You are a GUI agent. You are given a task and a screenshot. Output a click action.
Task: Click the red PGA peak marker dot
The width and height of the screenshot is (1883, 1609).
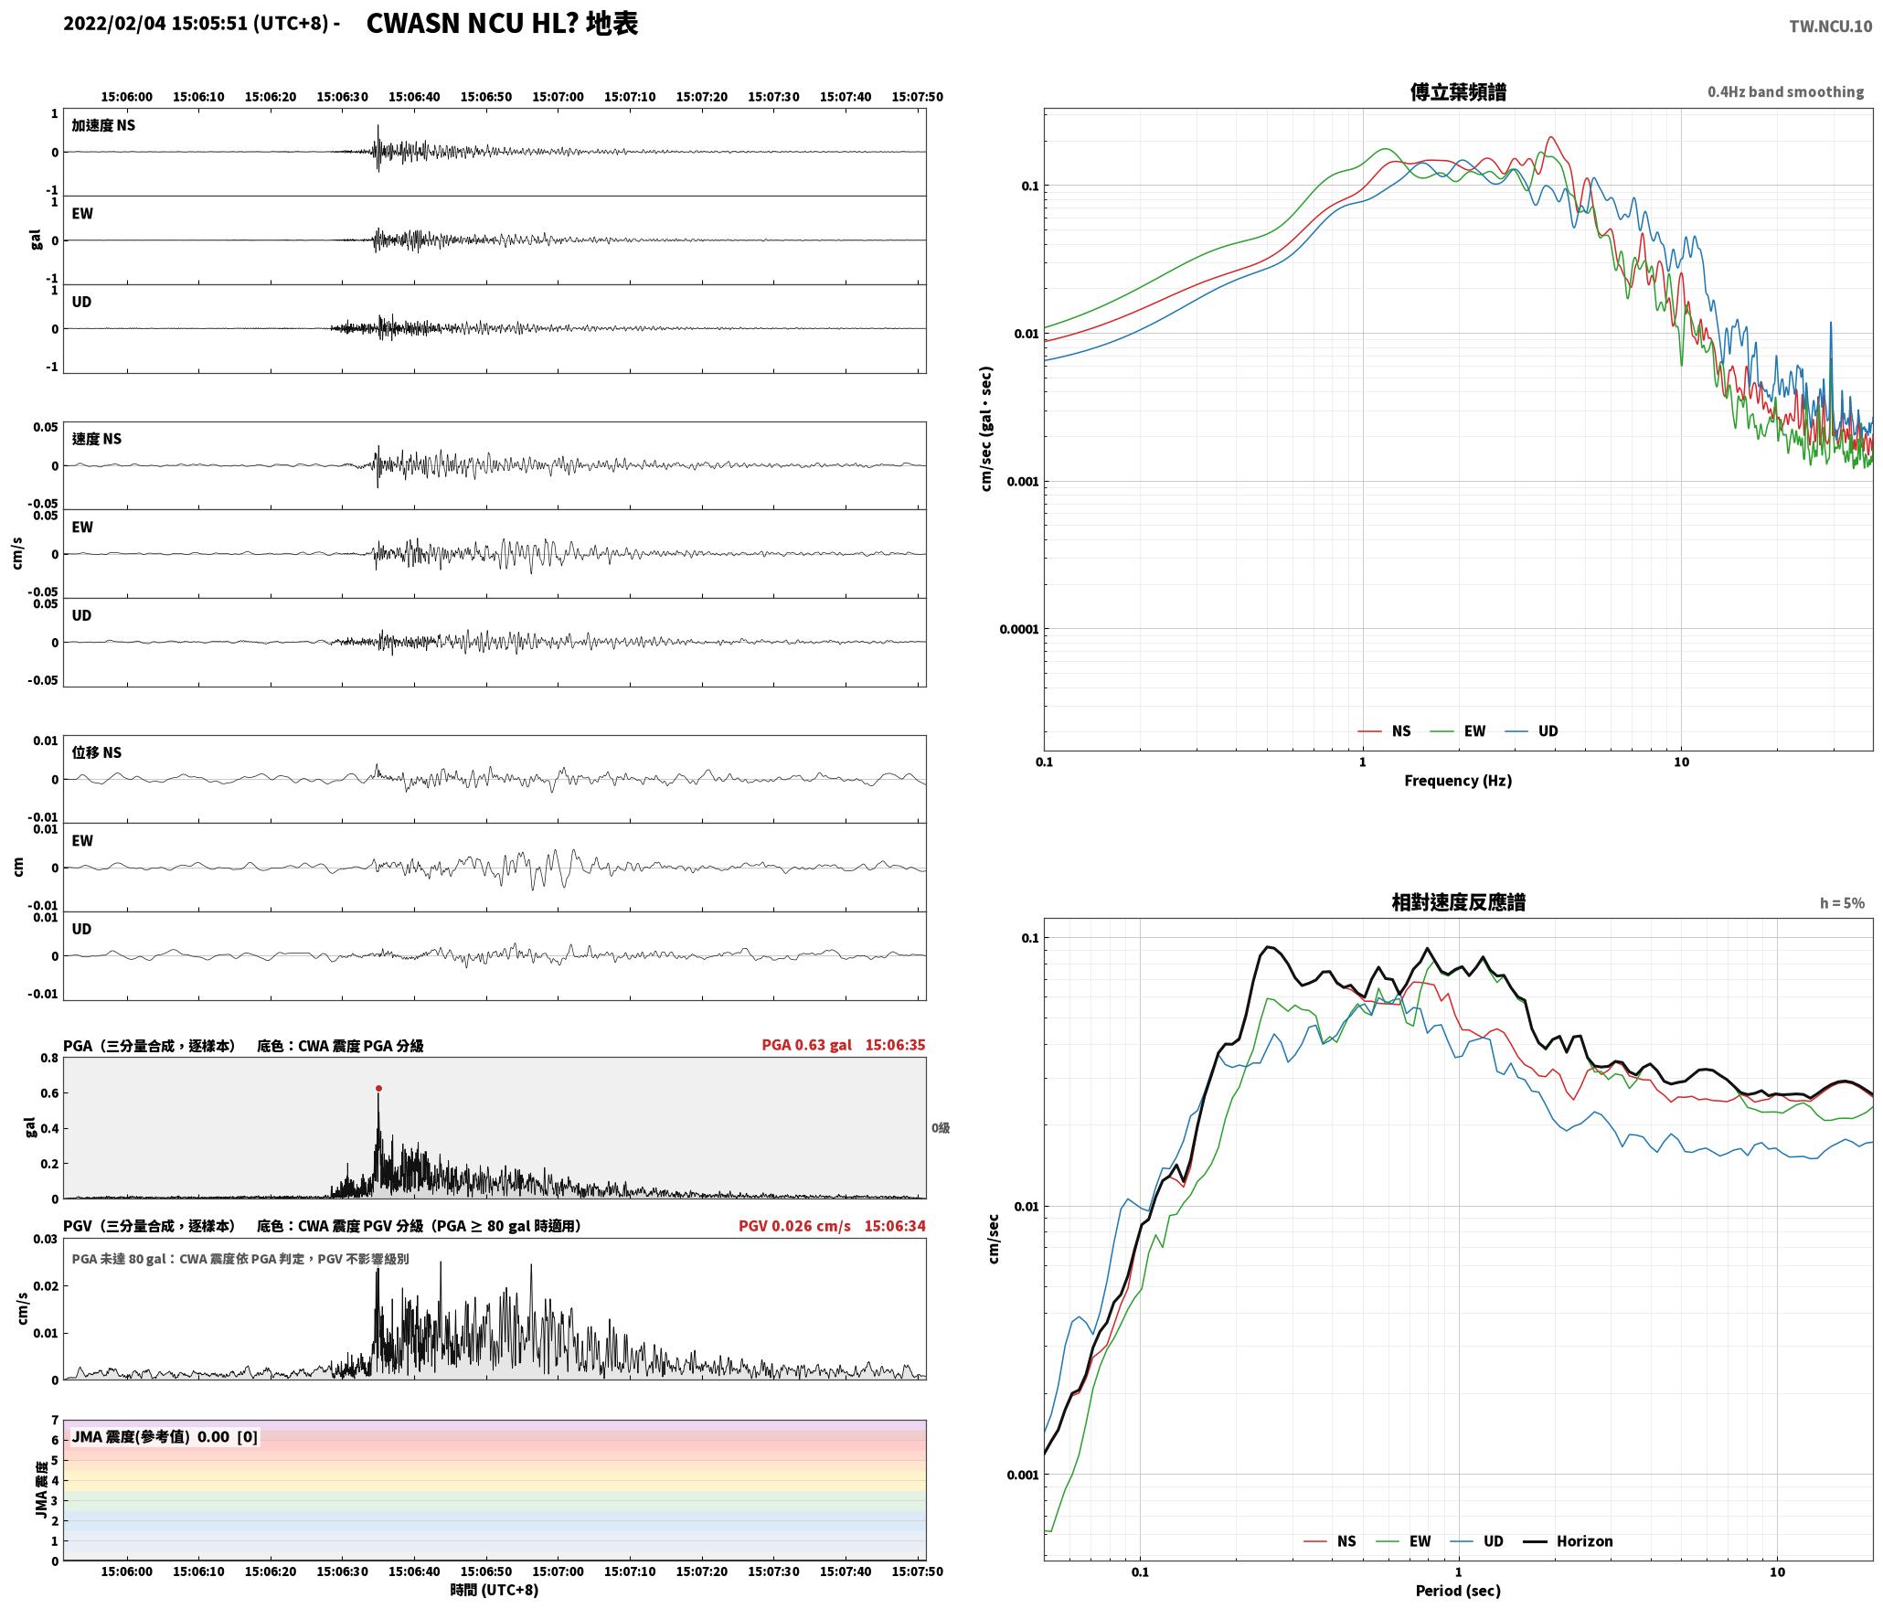click(378, 1088)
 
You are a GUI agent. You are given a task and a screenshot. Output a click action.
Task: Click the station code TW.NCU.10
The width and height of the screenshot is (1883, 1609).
click(1830, 27)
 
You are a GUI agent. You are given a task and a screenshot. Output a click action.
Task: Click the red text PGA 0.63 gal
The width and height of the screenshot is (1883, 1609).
click(806, 1044)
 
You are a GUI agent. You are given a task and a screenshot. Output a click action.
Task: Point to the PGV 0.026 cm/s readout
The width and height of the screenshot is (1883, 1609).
click(794, 1225)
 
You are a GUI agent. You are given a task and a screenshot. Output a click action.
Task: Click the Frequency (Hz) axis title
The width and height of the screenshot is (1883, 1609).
click(1458, 780)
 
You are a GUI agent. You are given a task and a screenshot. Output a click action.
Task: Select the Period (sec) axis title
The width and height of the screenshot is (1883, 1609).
click(1458, 1590)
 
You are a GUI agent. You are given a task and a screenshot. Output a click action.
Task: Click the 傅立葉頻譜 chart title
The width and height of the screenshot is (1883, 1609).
click(1458, 91)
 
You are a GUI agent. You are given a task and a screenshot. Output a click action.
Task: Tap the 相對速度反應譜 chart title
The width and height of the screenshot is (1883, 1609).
click(1458, 901)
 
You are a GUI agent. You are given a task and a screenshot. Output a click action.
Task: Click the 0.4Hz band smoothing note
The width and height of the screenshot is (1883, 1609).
click(1785, 91)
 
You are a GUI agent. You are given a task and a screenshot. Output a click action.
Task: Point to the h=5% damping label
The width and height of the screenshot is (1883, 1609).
click(1842, 902)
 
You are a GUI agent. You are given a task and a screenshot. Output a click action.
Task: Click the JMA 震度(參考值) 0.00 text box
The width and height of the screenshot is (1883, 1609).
click(165, 1436)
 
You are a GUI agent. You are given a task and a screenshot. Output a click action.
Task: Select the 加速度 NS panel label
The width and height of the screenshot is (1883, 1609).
click(103, 125)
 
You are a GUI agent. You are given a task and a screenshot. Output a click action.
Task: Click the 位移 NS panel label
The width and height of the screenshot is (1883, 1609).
click(96, 752)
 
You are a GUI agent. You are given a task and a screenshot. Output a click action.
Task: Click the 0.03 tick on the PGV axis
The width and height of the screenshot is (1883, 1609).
click(46, 1239)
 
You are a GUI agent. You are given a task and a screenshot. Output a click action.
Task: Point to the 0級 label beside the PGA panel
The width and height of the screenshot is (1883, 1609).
click(941, 1127)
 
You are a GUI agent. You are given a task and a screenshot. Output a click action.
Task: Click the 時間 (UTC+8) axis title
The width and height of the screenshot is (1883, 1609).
click(494, 1590)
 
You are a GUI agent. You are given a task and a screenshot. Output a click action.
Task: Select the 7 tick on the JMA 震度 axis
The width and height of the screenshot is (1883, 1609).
click(55, 1420)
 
